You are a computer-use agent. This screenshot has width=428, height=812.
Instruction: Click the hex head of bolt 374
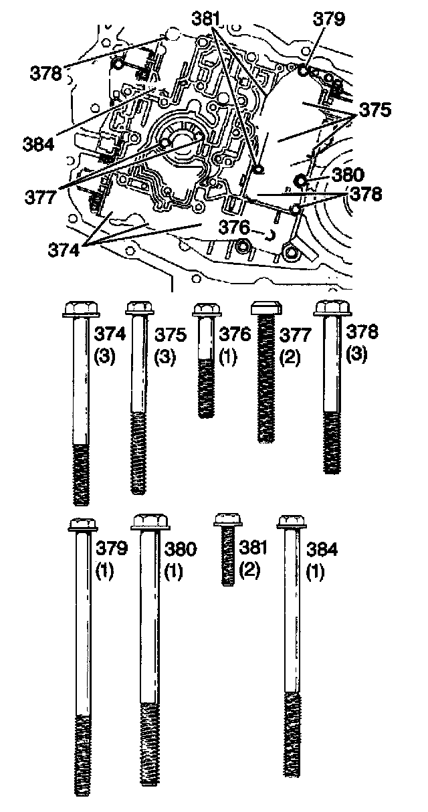(x=81, y=308)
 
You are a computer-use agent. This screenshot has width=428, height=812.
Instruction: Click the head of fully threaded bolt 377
(x=265, y=308)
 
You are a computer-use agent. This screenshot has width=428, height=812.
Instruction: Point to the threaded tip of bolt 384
(x=291, y=742)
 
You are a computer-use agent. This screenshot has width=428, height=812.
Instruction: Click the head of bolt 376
(x=207, y=309)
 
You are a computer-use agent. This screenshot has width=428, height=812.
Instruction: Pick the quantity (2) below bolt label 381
(x=252, y=573)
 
